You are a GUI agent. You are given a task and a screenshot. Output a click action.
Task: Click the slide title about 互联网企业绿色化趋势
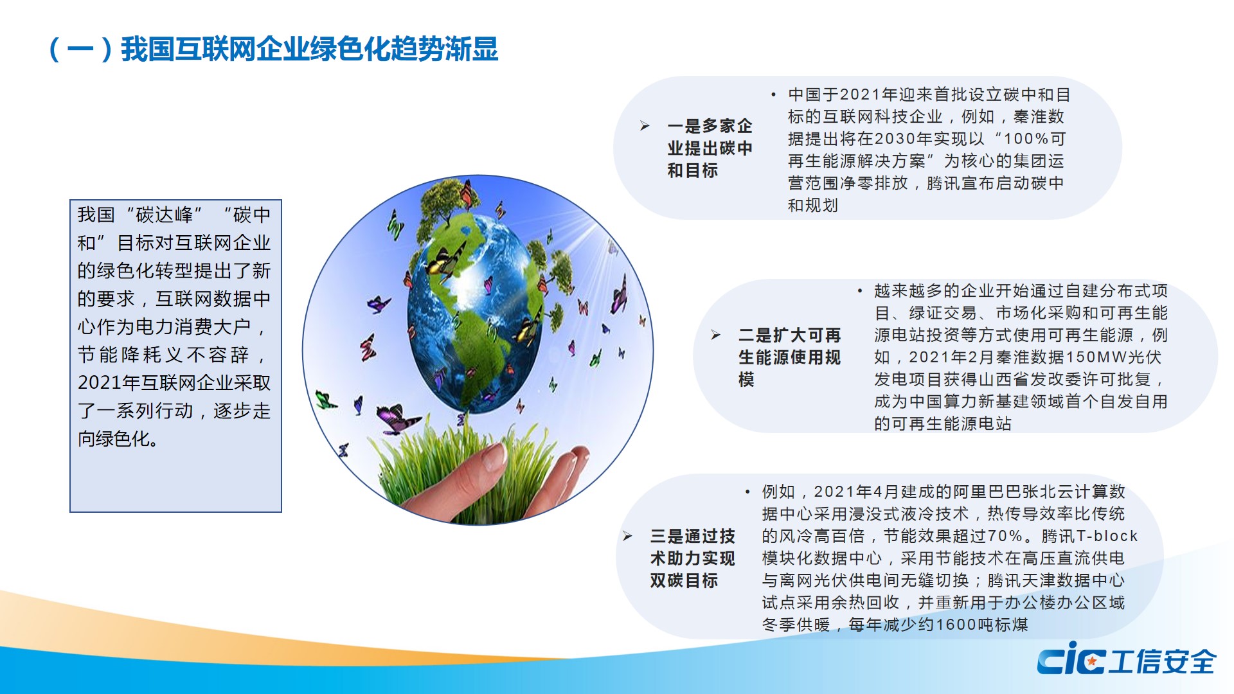(274, 49)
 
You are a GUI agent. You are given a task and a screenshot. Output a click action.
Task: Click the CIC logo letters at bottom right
(1071, 658)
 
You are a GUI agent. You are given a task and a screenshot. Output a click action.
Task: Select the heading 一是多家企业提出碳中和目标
(710, 148)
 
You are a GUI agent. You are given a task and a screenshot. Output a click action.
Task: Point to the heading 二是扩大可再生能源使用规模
(789, 357)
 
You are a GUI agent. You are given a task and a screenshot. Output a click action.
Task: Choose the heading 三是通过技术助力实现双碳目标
(692, 558)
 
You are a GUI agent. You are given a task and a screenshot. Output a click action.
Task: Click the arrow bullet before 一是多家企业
(645, 126)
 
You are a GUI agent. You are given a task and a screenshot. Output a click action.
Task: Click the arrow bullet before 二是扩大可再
(716, 335)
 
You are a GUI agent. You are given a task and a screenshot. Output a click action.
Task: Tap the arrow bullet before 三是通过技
(628, 536)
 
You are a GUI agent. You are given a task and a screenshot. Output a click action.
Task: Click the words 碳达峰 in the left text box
(164, 215)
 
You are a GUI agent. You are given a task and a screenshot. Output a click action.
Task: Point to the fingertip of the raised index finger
(495, 453)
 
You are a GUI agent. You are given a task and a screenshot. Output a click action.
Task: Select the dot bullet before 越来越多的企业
(859, 291)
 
